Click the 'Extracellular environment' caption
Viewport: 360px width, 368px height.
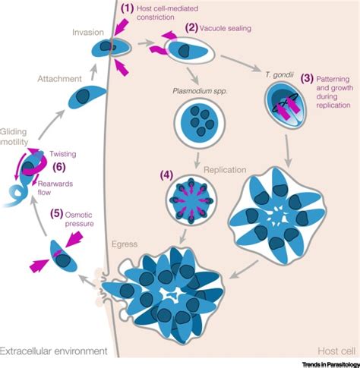tap(54, 351)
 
